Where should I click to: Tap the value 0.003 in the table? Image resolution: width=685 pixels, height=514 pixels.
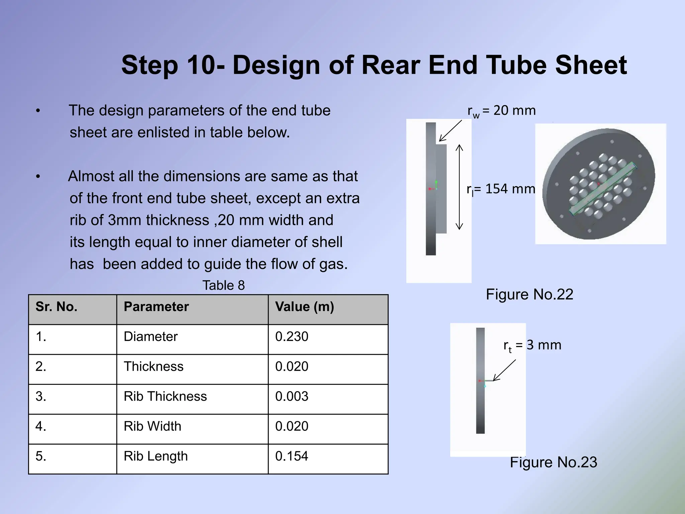pos(292,397)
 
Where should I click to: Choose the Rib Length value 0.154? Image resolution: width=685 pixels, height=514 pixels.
pos(292,456)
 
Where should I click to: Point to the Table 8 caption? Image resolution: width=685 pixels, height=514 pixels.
pos(223,285)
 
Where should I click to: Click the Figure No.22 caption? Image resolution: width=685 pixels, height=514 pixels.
pos(529,294)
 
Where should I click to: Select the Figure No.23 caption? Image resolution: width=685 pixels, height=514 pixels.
pos(553,462)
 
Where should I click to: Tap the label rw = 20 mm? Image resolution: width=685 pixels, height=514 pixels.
pos(501,111)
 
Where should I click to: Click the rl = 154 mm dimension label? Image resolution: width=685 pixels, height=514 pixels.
pos(501,189)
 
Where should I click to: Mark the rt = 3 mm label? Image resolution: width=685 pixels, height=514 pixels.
pos(532,346)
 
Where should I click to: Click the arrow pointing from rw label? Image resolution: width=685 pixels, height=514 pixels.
pos(450,131)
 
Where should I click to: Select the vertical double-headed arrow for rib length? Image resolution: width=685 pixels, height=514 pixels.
pos(460,187)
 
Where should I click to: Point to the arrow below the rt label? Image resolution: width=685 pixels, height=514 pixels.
pos(505,370)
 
